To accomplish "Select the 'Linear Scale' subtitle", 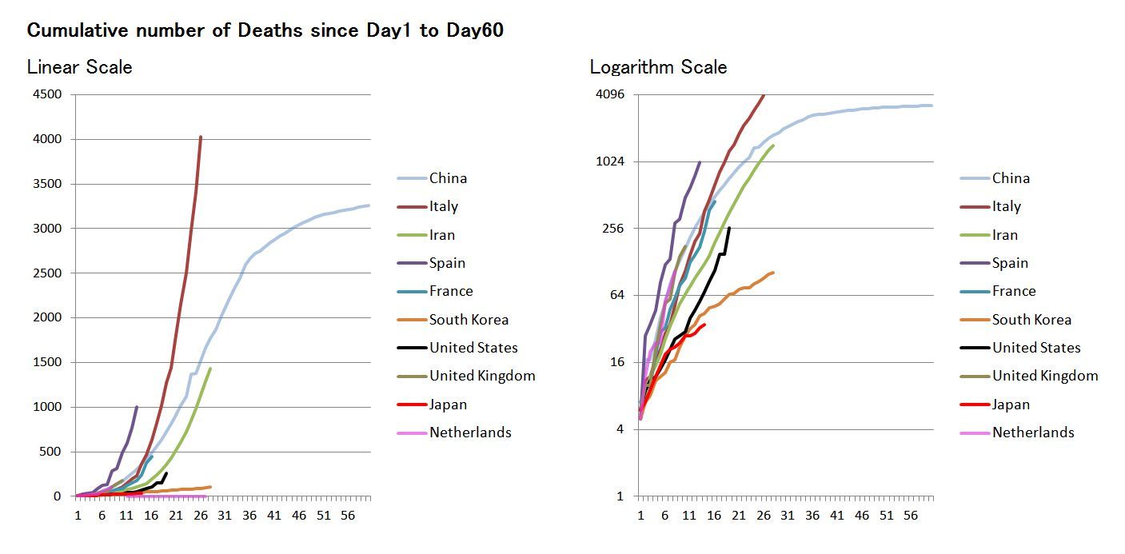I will (79, 67).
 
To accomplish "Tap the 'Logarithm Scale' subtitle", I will (658, 67).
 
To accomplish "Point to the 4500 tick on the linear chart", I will (46, 94).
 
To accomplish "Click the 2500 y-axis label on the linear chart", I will (46, 273).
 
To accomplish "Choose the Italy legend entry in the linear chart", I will (444, 206).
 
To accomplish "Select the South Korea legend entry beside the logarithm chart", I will (1031, 320).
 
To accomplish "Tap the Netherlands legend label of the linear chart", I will (470, 432).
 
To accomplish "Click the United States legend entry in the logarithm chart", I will (1036, 348).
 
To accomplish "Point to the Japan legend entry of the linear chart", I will (448, 405).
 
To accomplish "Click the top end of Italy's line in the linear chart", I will (200, 137).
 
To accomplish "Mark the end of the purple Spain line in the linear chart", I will (137, 407).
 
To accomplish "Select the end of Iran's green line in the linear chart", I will (209, 369).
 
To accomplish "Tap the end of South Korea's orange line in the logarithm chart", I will (772, 273).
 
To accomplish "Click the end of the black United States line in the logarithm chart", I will (728, 229).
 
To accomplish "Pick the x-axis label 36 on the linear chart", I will (249, 516).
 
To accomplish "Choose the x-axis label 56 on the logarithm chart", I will (910, 516).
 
